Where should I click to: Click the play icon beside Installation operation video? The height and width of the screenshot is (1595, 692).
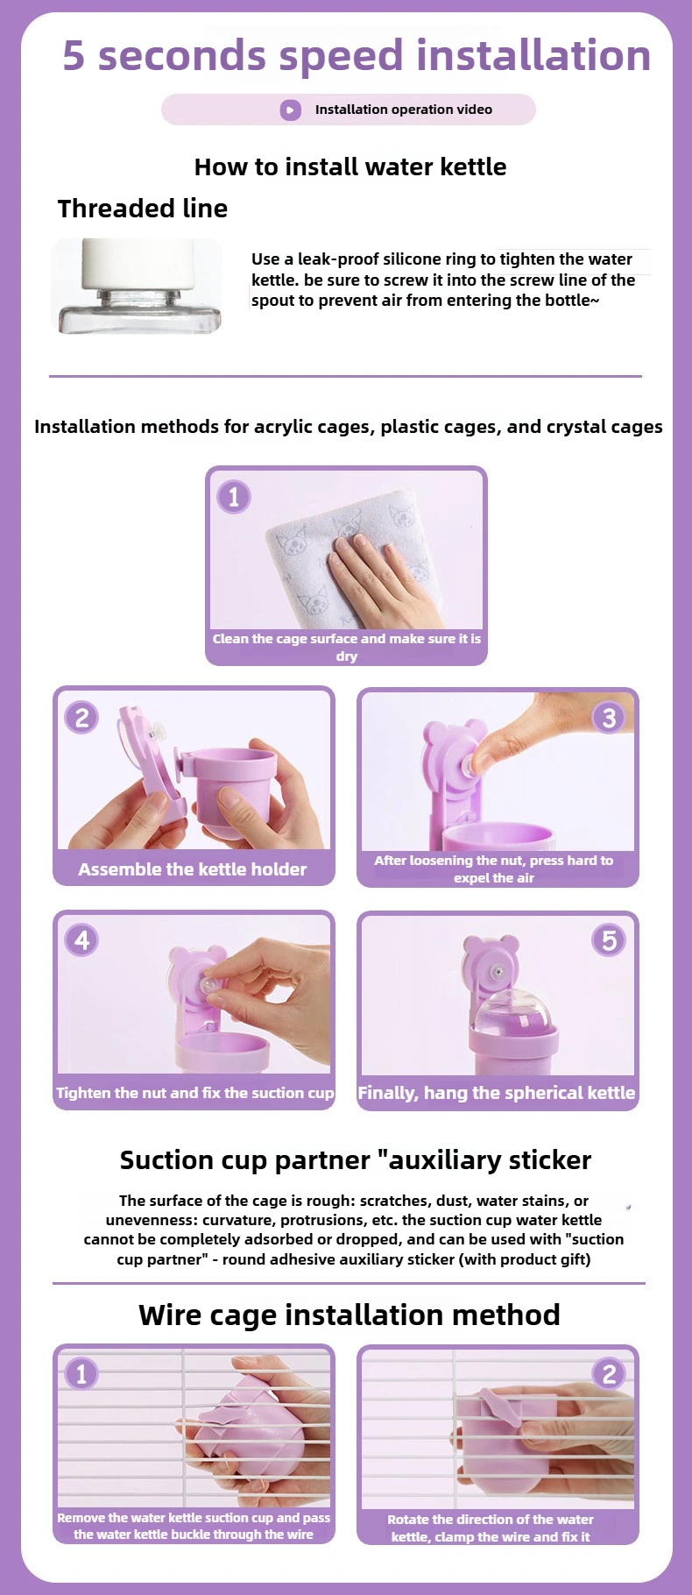[x=290, y=110]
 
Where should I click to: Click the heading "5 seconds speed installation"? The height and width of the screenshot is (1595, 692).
[x=357, y=55]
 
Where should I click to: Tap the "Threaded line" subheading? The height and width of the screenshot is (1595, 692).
[x=143, y=209]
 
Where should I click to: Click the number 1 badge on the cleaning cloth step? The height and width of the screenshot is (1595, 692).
[x=233, y=497]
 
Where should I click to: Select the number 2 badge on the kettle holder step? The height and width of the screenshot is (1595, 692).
[x=81, y=718]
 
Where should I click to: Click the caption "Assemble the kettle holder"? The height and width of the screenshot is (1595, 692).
[x=193, y=869]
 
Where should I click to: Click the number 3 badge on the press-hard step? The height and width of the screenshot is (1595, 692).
[x=609, y=718]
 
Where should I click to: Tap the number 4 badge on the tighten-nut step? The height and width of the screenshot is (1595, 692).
[x=81, y=940]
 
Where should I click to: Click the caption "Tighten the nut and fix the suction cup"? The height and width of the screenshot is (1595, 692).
[x=194, y=1093]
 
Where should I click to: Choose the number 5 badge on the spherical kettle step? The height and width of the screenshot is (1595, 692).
[x=609, y=940]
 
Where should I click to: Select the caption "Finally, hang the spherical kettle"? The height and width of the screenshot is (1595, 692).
[x=497, y=1093]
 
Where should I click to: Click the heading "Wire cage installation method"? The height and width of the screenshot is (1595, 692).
[x=350, y=1315]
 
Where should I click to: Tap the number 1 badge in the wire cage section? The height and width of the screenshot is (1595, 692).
[x=81, y=1373]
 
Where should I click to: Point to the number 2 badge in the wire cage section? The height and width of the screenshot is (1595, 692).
[x=609, y=1373]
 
